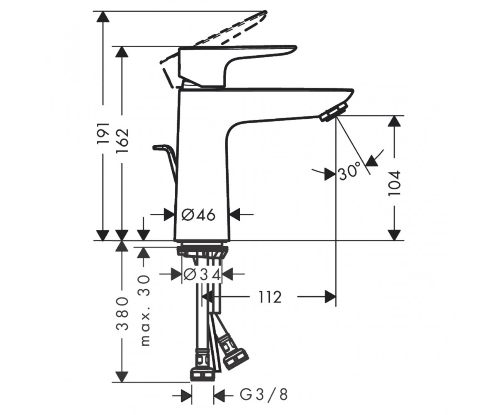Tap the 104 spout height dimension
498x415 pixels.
(394, 183)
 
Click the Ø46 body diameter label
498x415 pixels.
(198, 215)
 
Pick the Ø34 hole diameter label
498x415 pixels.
(202, 275)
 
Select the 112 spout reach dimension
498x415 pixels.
(270, 297)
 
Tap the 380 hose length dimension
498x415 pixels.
(122, 313)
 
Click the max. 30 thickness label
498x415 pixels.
(145, 310)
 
